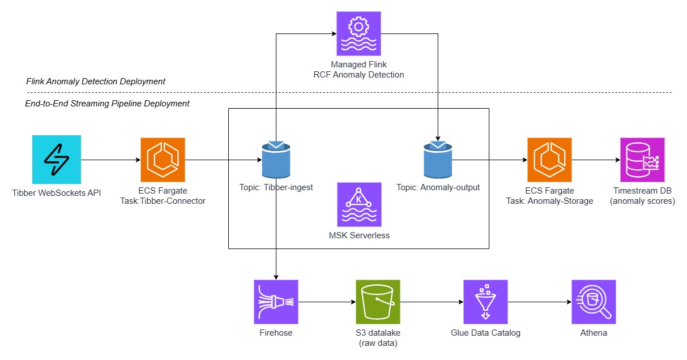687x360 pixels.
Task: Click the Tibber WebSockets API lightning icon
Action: click(57, 159)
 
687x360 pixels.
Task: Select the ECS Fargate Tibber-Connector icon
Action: click(163, 159)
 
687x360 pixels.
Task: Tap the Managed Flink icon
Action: click(359, 33)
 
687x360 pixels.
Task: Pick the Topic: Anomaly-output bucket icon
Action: click(438, 160)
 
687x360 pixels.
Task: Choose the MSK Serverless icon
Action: click(359, 204)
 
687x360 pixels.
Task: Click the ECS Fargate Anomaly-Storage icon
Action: click(549, 159)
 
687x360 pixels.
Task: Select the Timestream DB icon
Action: click(642, 159)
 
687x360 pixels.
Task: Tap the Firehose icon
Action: click(276, 302)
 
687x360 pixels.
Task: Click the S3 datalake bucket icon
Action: click(378, 302)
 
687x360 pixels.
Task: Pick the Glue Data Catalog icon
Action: click(485, 302)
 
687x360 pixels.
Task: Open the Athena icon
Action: click(594, 302)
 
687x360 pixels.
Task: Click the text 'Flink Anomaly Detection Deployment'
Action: click(96, 82)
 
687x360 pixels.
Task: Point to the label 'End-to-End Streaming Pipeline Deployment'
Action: click(107, 104)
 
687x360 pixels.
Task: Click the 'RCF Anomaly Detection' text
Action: click(359, 75)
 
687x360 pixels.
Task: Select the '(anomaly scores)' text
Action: click(642, 201)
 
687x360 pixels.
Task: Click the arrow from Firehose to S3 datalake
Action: click(327, 302)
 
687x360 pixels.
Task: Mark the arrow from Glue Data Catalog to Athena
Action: click(539, 302)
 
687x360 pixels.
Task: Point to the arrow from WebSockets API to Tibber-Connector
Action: click(110, 160)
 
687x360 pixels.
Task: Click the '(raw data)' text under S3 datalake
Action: click(378, 343)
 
